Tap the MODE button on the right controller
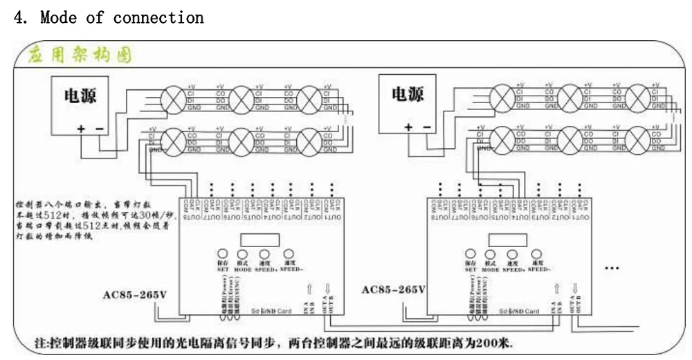point(491,255)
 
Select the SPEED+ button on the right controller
point(513,255)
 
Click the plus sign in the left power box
point(81,128)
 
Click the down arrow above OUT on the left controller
point(328,289)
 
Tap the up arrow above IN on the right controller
point(558,289)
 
